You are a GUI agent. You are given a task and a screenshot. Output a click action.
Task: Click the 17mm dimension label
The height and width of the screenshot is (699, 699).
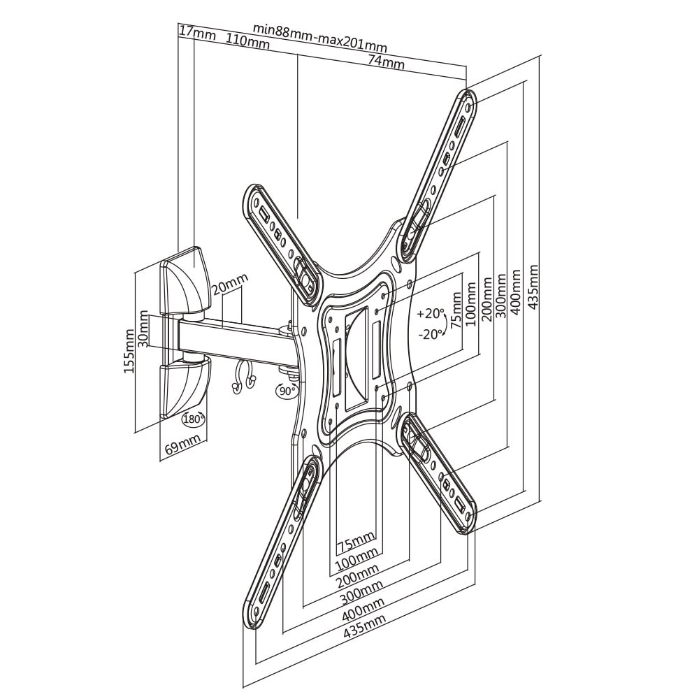197,34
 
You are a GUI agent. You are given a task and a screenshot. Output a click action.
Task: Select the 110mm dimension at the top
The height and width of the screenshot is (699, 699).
247,41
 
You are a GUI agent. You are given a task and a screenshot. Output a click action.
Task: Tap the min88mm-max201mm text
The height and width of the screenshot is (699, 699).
320,38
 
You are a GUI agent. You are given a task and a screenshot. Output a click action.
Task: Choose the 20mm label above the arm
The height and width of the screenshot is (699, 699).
229,285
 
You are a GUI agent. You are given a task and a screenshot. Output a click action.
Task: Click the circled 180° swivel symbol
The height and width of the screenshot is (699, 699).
194,419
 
